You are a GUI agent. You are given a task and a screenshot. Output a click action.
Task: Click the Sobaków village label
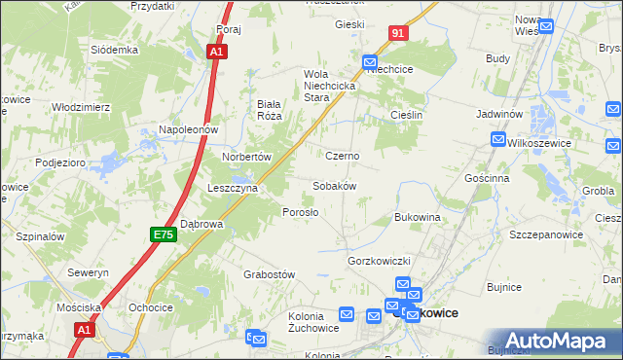point(334,185)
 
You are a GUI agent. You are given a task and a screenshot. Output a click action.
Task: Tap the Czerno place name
point(342,156)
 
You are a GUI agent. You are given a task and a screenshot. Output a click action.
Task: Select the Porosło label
point(300,212)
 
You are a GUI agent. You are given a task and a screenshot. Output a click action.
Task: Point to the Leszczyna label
point(232,188)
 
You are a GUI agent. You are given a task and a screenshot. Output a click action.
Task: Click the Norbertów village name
point(245,156)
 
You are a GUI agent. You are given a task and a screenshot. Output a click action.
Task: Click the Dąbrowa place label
point(202,224)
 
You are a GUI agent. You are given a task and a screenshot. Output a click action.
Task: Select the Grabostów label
point(269,274)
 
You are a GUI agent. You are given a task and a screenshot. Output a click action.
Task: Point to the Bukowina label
point(418,217)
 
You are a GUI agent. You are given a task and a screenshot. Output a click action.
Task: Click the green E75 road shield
point(163,235)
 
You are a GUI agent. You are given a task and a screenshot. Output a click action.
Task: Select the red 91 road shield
point(397,33)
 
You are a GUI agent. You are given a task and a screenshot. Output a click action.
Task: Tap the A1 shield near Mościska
point(84,331)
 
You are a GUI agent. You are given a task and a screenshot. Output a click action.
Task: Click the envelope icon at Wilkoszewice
point(497,139)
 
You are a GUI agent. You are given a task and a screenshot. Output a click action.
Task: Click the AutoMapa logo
point(559,341)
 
